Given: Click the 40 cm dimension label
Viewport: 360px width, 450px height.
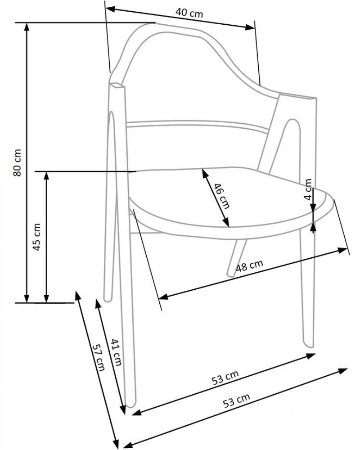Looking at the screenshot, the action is coord(189,13).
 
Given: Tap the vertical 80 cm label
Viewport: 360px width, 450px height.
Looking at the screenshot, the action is coord(17,162).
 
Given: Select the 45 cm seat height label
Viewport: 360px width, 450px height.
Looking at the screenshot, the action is coord(37,237).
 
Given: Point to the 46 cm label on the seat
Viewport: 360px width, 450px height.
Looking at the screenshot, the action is coord(221,196).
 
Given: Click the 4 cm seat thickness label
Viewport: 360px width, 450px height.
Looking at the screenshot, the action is coord(308,189).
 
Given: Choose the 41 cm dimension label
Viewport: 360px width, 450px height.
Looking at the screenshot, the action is coord(116,352).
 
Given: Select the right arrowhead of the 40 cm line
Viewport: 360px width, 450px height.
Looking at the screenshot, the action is coord(250,27).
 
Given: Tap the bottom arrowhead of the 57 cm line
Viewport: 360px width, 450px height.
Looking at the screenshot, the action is coord(116,444).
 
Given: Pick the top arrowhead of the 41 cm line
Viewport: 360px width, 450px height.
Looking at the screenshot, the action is coord(98,304).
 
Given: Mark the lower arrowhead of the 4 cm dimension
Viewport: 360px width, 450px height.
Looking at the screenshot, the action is coord(313,208).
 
